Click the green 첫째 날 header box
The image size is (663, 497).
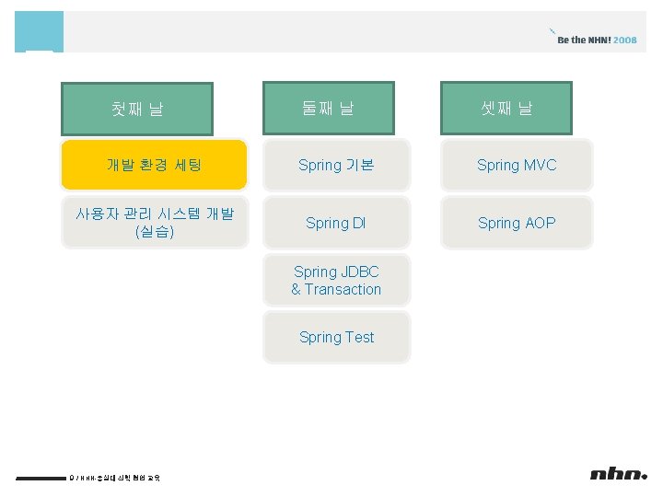137,110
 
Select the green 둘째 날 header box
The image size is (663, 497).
328,109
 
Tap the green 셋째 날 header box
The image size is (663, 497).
506,109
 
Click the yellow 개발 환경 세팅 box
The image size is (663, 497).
155,165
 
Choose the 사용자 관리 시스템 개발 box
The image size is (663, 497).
155,223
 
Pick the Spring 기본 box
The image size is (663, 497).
336,166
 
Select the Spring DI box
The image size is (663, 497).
336,223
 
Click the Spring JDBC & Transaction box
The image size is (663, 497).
336,281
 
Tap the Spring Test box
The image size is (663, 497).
336,337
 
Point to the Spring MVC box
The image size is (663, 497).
517,166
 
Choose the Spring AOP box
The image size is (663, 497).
517,223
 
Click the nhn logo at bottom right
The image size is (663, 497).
618,474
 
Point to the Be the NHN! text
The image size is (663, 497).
584,40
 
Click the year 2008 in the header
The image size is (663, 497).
625,40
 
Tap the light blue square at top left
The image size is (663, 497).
40,31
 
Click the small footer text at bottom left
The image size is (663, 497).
116,477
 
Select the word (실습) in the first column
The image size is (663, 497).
155,232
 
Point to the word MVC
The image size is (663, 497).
540,166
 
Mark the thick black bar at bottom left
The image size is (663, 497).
41,478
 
